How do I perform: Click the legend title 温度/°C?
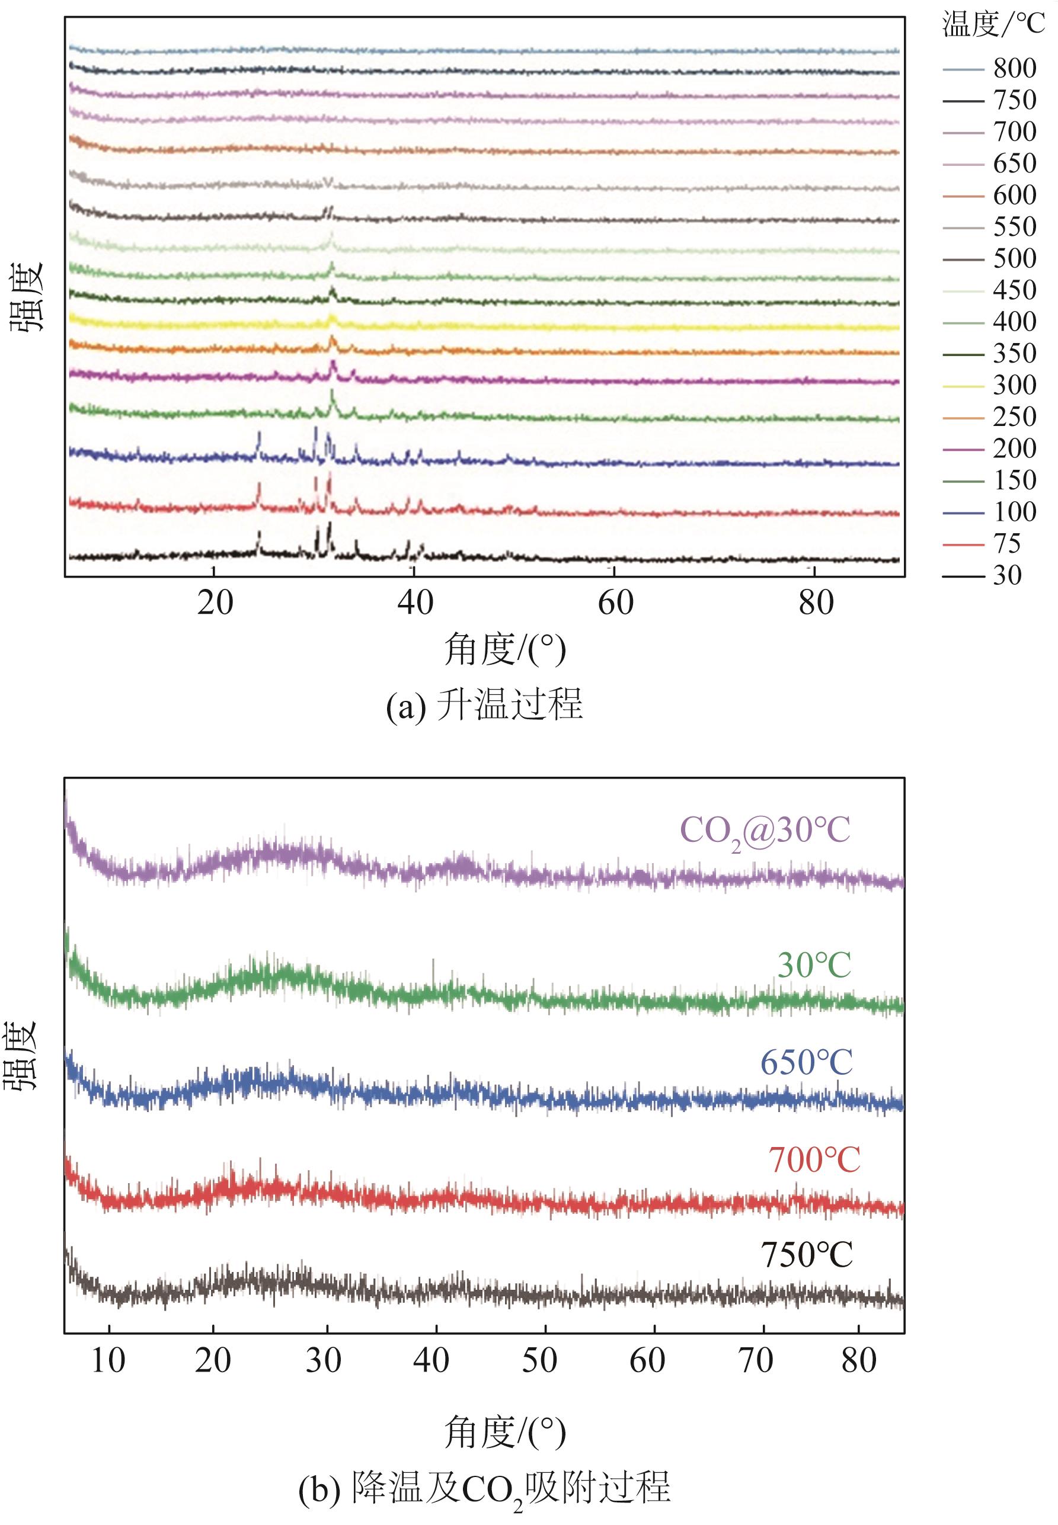(x=993, y=26)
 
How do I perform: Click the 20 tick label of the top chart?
(x=215, y=604)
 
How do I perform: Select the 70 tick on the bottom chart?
(x=756, y=1361)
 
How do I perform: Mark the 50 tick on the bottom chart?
(x=539, y=1361)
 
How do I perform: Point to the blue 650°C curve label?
(x=806, y=1063)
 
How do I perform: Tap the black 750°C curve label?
(x=806, y=1255)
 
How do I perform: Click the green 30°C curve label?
(x=814, y=966)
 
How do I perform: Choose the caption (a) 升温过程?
(x=485, y=705)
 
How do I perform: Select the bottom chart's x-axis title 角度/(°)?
(x=505, y=1431)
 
